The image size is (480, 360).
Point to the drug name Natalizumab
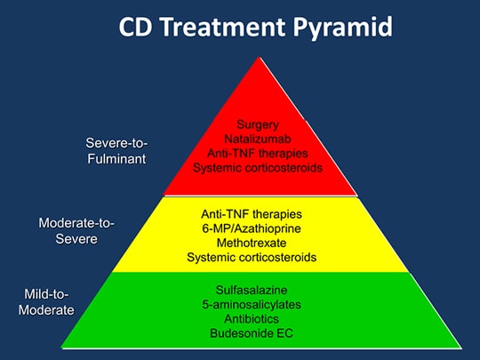[x=259, y=139]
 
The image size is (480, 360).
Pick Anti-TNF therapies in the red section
[x=259, y=153]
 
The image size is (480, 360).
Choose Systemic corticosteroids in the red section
[x=259, y=167]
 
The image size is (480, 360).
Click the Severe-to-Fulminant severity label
[x=116, y=150]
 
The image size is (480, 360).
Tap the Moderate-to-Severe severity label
[x=76, y=229]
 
